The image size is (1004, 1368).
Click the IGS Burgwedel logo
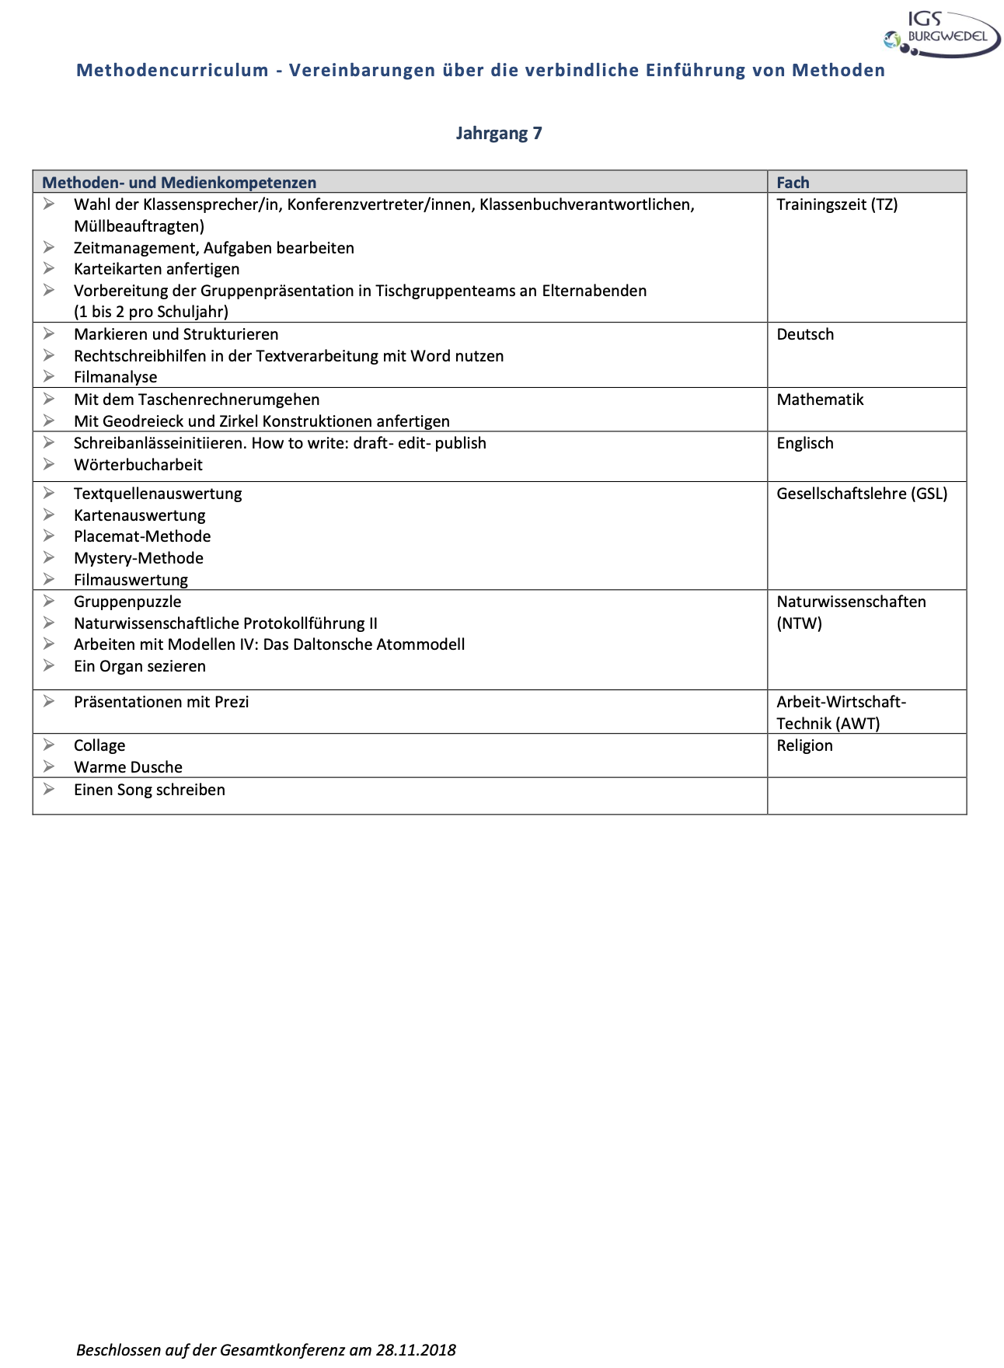pos(942,34)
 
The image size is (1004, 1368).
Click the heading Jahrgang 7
pos(499,133)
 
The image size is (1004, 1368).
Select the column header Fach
pos(793,183)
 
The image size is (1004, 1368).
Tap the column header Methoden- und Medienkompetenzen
pos(179,183)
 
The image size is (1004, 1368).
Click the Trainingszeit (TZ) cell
pos(837,204)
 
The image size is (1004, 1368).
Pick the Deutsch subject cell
pos(805,334)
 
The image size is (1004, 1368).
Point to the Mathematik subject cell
pos(820,400)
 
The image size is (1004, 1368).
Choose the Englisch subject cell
pos(805,443)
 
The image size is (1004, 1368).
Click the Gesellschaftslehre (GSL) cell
pos(862,494)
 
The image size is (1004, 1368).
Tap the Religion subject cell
pos(804,745)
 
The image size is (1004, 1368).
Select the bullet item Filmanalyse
pos(115,377)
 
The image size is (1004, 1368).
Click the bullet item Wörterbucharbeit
pos(138,465)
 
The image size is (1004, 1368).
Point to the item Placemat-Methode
pos(142,536)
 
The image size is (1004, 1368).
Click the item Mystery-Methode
pos(138,558)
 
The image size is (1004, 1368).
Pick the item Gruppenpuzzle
pos(127,602)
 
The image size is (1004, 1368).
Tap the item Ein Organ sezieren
pos(139,666)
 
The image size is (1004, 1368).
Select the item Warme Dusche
pos(128,767)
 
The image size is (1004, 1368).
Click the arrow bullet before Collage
pos(49,745)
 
